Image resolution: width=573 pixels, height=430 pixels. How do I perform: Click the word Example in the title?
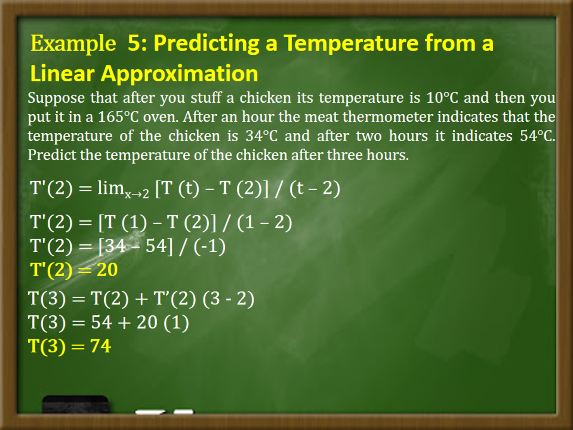tap(74, 43)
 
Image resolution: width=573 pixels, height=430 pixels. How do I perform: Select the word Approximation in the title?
tap(180, 74)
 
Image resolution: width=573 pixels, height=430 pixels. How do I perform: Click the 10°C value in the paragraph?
tap(442, 97)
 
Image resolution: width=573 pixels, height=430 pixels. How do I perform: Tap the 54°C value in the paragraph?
tap(537, 136)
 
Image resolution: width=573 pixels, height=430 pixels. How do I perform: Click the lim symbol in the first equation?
tap(111, 187)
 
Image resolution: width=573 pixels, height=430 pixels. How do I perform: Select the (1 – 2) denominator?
tap(265, 223)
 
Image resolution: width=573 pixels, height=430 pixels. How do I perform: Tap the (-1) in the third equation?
tap(209, 247)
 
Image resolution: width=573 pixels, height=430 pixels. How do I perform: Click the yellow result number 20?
tap(107, 269)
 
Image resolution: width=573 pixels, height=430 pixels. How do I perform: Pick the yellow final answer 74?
tap(100, 346)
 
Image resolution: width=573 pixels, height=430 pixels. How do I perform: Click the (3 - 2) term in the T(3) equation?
tap(228, 299)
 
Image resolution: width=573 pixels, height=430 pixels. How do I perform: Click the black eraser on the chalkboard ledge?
tap(75, 404)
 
